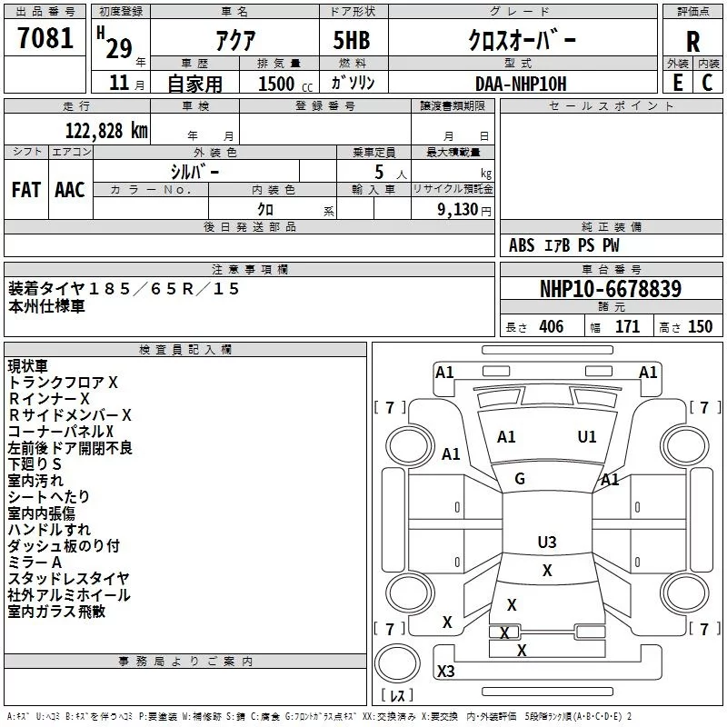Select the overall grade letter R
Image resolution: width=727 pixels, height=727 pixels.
coord(692,42)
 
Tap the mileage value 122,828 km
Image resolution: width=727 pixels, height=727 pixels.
coord(105,130)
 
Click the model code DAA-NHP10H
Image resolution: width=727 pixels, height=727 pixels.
coord(520,83)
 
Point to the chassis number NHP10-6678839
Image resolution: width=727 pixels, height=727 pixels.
coord(610,289)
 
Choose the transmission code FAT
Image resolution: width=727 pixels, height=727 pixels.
coord(26,189)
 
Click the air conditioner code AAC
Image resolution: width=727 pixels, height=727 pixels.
coord(70,189)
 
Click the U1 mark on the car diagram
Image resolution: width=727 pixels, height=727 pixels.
coord(587,437)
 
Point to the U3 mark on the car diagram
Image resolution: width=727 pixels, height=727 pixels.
coord(547,543)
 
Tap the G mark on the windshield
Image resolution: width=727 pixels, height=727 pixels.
coord(520,479)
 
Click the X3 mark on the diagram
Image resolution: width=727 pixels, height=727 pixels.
coord(445,672)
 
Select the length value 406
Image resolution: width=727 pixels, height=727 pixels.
coord(551,327)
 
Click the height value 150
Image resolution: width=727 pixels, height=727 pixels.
coord(700,327)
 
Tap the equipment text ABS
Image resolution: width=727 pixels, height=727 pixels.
coord(522,245)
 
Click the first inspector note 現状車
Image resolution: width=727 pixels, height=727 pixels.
coord(27,365)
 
